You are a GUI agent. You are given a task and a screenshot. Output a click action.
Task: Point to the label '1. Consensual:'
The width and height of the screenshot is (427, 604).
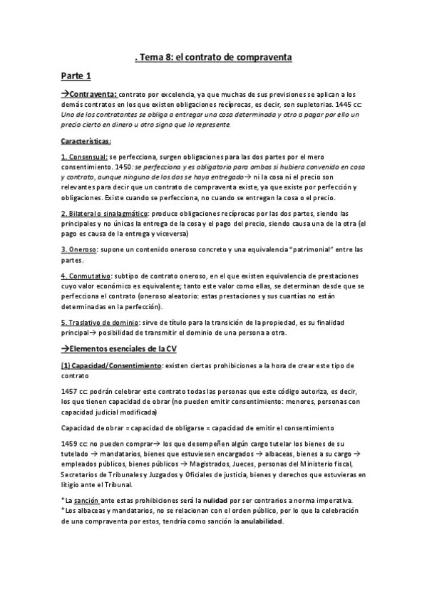pos(84,157)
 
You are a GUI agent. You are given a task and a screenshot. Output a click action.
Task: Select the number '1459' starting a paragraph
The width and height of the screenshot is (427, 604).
pos(70,444)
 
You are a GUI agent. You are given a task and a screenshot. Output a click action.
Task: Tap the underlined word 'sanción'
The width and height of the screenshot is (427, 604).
pos(88,500)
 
